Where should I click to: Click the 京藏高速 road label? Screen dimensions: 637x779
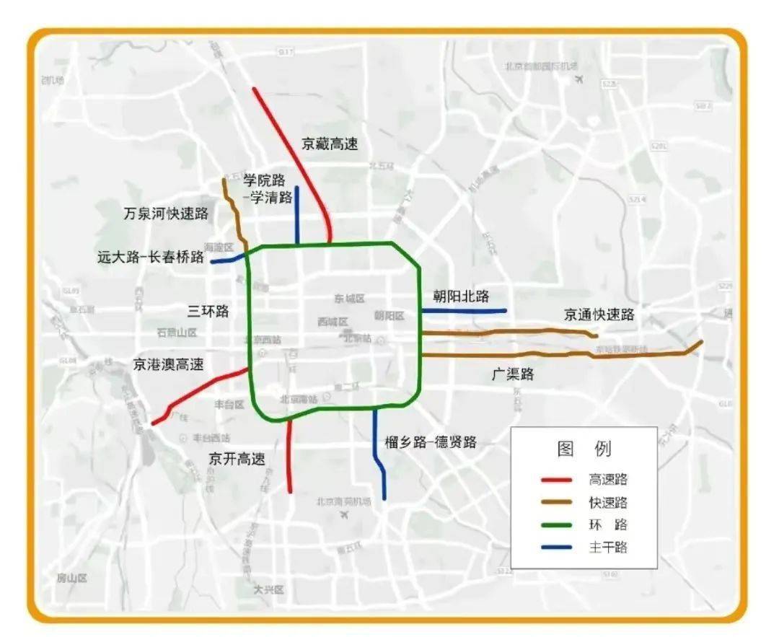coord(330,144)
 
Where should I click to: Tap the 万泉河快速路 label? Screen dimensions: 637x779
coord(166,214)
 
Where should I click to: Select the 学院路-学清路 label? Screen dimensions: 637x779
coord(268,188)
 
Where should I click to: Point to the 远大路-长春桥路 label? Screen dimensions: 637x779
coord(151,257)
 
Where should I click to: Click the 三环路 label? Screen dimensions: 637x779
coord(208,312)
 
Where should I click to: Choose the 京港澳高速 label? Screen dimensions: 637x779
coord(168,365)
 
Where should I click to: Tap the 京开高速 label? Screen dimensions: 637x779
coord(237,459)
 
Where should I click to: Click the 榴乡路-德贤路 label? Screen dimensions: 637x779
coord(430,442)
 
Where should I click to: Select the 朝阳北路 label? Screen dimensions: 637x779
coord(461,296)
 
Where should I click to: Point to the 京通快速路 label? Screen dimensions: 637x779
coord(599,315)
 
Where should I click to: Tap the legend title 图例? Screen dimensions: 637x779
coord(584,449)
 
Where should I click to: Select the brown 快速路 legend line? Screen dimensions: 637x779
coord(556,502)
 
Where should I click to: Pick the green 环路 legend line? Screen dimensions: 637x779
coord(556,525)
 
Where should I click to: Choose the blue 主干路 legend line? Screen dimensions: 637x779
coord(556,548)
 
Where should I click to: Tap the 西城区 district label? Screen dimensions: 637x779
coord(333,322)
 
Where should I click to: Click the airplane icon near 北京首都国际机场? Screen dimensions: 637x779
coord(578,79)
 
